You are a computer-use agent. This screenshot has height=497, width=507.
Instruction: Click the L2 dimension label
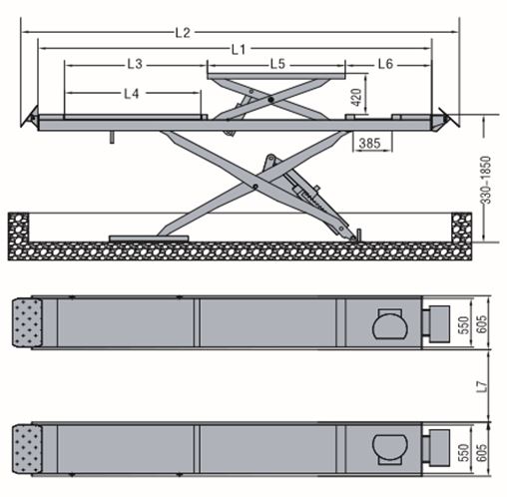pyautogui.click(x=183, y=33)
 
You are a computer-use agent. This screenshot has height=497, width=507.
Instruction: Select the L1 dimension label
pyautogui.click(x=239, y=50)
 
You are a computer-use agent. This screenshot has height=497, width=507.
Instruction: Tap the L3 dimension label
pyautogui.click(x=135, y=64)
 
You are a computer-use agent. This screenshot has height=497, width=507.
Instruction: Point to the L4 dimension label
pyautogui.click(x=131, y=94)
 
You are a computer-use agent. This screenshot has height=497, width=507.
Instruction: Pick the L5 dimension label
pyautogui.click(x=277, y=64)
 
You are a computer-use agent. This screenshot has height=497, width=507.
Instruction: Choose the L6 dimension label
pyautogui.click(x=385, y=64)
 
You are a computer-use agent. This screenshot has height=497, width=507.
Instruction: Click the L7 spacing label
pyautogui.click(x=482, y=386)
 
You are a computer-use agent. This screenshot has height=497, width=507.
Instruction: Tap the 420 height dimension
pyautogui.click(x=356, y=97)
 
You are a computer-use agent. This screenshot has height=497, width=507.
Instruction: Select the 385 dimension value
pyautogui.click(x=369, y=144)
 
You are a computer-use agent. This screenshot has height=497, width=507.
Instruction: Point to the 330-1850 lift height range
pyautogui.click(x=486, y=180)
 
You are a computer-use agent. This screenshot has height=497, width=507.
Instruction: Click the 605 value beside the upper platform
pyautogui.click(x=481, y=324)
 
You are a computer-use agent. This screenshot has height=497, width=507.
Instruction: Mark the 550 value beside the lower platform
pyautogui.click(x=463, y=453)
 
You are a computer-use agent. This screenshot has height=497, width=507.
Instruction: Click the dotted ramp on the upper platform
pyautogui.click(x=27, y=322)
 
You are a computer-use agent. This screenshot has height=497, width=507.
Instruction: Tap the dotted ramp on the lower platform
pyautogui.click(x=27, y=449)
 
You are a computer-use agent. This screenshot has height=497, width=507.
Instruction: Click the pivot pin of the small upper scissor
pyautogui.click(x=271, y=99)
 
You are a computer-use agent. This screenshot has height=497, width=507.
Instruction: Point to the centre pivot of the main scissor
pyautogui.click(x=255, y=187)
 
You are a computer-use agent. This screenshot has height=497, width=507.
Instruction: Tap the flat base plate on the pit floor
pyautogui.click(x=149, y=239)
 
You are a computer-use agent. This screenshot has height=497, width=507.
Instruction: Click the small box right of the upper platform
pyautogui.click(x=439, y=323)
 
